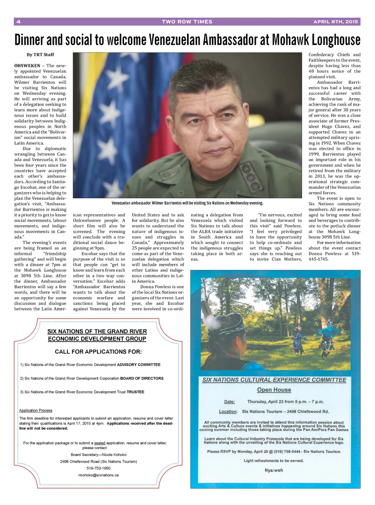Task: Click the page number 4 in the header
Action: click(18, 22)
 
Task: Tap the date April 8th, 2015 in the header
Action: click(335, 22)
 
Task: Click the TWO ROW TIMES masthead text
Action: click(187, 22)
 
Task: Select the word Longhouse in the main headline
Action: click(336, 40)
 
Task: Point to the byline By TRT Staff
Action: click(40, 55)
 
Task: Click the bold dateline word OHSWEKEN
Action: click(27, 66)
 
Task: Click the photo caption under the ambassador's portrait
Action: click(187, 203)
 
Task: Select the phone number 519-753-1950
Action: click(99, 468)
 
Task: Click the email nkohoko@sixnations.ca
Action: click(99, 475)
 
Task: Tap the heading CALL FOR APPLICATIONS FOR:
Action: click(98, 352)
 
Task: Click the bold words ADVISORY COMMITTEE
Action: click(139, 364)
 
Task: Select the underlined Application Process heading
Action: click(36, 410)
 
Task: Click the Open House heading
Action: click(274, 390)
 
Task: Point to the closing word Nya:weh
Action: click(274, 470)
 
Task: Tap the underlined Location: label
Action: click(228, 411)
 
